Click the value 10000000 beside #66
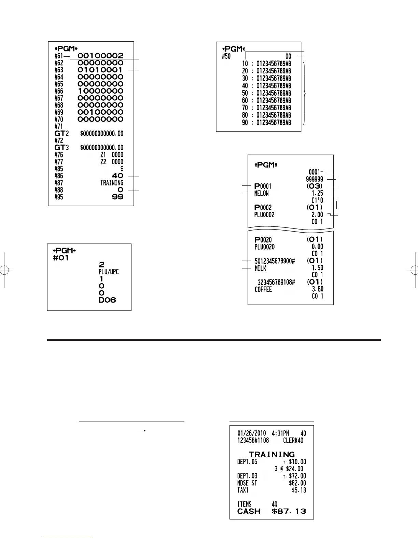pyautogui.click(x=100, y=91)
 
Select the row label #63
pyautogui.click(x=59, y=70)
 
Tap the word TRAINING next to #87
pyautogui.click(x=112, y=183)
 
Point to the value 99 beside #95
pyautogui.click(x=117, y=197)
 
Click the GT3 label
pyautogui.click(x=62, y=148)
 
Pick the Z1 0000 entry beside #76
pyautogui.click(x=112, y=155)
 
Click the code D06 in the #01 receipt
pyautogui.click(x=107, y=300)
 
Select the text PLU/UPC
pyautogui.click(x=109, y=272)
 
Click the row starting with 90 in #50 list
pyautogui.click(x=266, y=122)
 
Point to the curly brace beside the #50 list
pyautogui.click(x=305, y=93)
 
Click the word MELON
pyautogui.click(x=261, y=194)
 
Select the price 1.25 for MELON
pyautogui.click(x=317, y=194)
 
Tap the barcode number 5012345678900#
pyautogui.click(x=275, y=261)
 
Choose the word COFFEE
pyautogui.click(x=263, y=290)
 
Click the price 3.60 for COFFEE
pyautogui.click(x=317, y=289)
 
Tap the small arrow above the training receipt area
pyautogui.click(x=142, y=431)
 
